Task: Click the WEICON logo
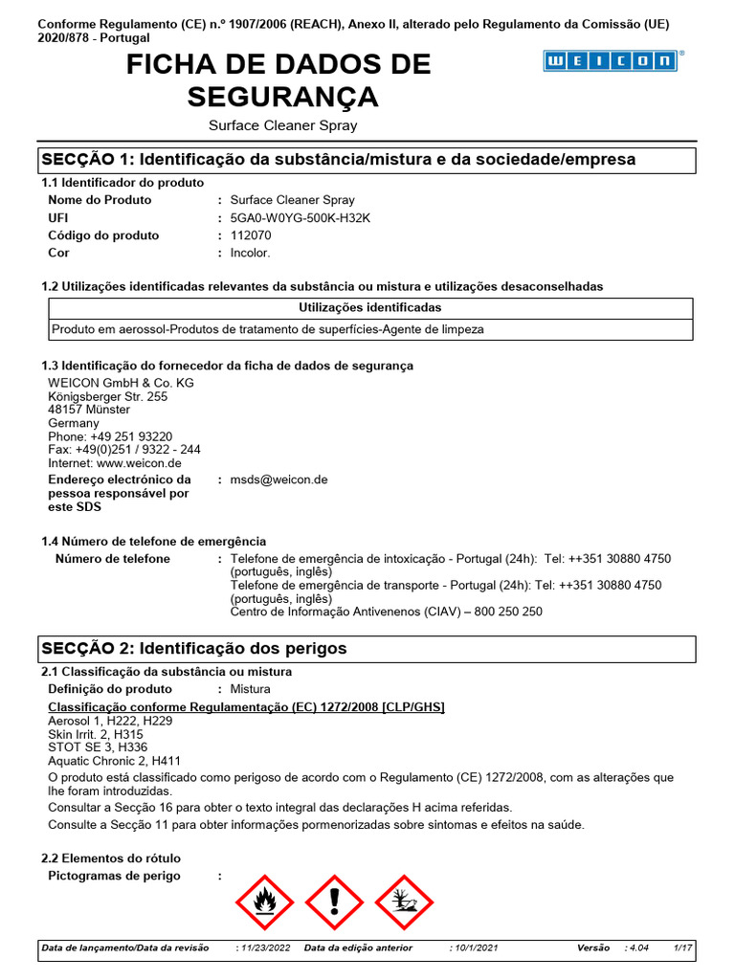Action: coord(611,61)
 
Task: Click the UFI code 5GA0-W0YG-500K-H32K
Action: coord(300,218)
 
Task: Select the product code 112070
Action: coord(251,235)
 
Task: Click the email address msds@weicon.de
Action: coord(278,479)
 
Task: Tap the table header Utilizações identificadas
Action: coord(370,308)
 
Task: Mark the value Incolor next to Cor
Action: coord(250,254)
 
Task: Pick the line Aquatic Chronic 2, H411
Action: coord(109,761)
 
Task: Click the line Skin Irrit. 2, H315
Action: coord(96,734)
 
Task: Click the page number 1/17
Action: coord(682,947)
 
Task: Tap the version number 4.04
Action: coord(638,947)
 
